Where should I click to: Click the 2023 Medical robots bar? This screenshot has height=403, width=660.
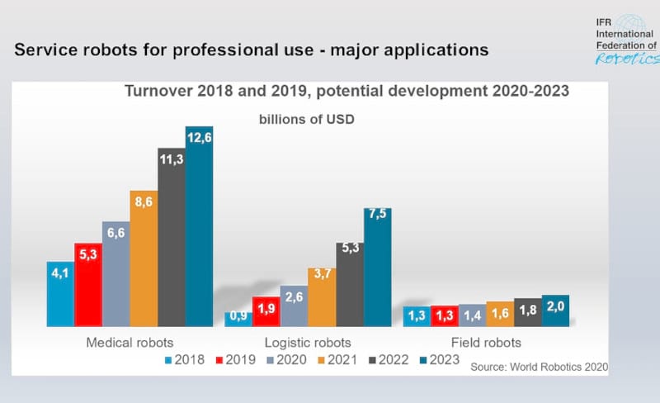coord(199,227)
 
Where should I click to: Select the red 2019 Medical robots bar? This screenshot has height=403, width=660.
coord(87,285)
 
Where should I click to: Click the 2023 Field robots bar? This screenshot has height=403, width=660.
coord(555,311)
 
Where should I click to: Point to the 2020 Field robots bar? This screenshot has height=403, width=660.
coord(471,315)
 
